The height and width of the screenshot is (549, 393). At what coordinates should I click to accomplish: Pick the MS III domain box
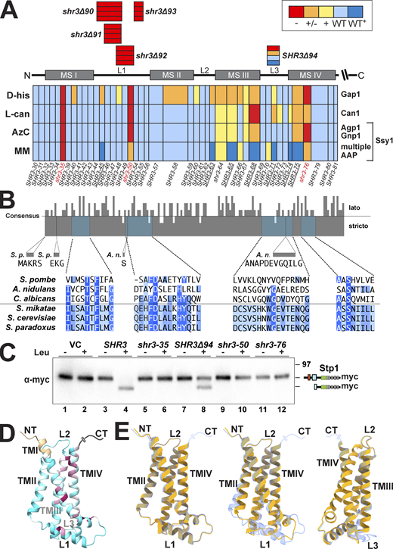tap(233, 76)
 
